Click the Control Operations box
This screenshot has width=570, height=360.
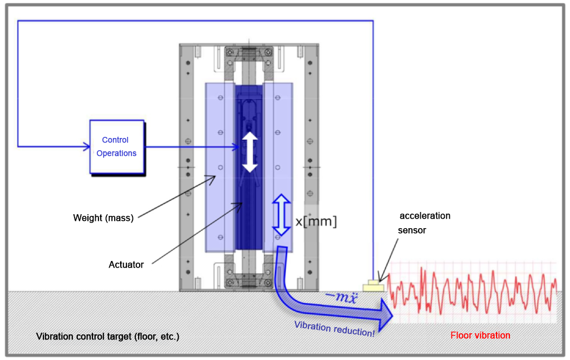pyautogui.click(x=117, y=147)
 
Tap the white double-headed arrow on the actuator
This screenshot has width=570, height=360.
pyautogui.click(x=250, y=152)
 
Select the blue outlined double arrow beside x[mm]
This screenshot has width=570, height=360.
pyautogui.click(x=282, y=216)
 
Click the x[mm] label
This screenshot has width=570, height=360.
pyautogui.click(x=316, y=221)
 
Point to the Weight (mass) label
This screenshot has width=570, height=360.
pyautogui.click(x=104, y=218)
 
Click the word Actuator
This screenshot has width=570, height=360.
pyautogui.click(x=126, y=265)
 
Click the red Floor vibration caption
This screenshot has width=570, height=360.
pyautogui.click(x=480, y=336)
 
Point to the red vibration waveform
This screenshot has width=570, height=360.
pyautogui.click(x=473, y=292)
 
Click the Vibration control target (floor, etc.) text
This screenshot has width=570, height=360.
pyautogui.click(x=107, y=337)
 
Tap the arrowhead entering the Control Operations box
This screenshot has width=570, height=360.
pyautogui.click(x=86, y=147)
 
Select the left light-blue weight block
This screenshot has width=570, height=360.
pyautogui.click(x=220, y=166)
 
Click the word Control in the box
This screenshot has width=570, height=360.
pyautogui.click(x=115, y=140)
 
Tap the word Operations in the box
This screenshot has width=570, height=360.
pyautogui.click(x=117, y=154)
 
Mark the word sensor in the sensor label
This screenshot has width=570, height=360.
pyautogui.click(x=412, y=230)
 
